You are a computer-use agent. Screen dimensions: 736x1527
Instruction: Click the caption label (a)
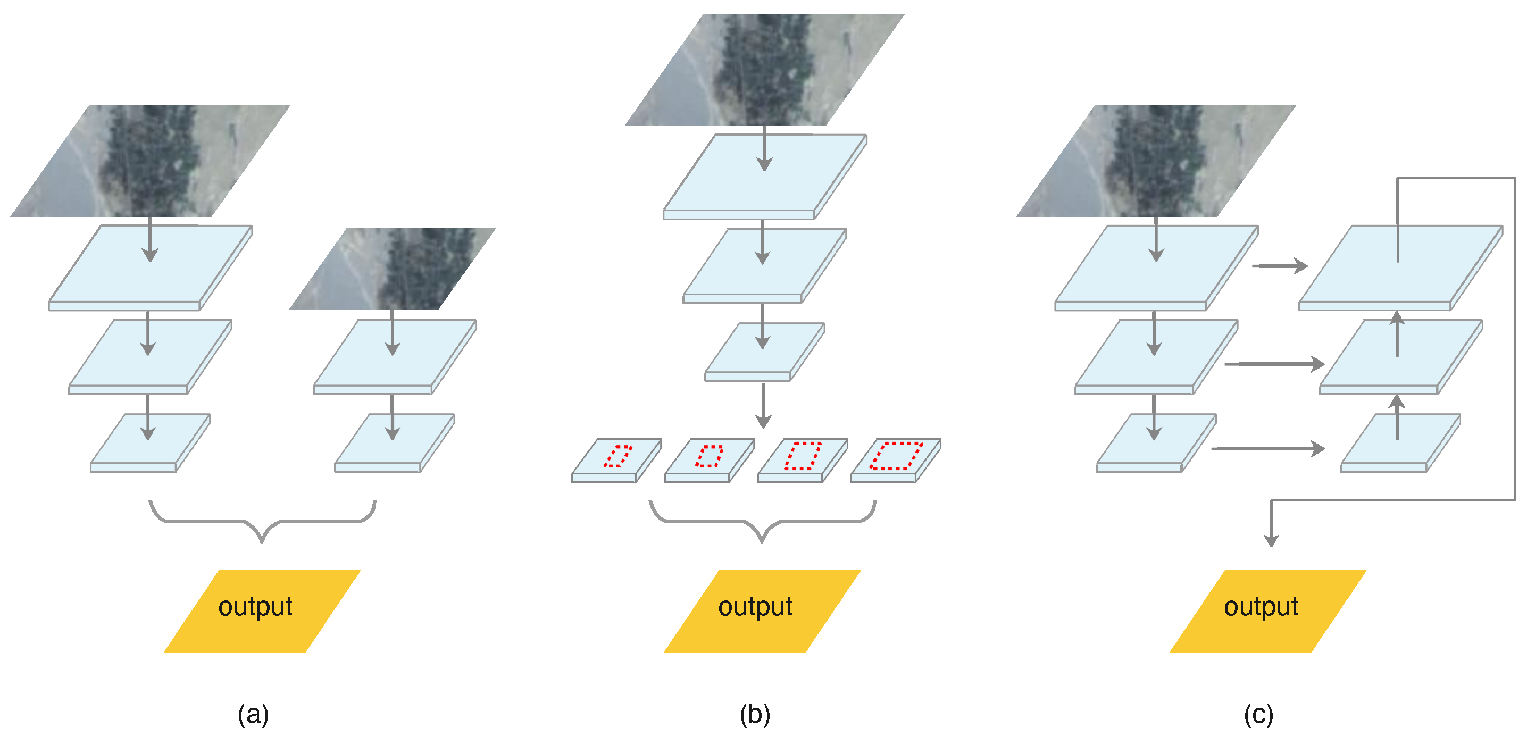click(x=253, y=714)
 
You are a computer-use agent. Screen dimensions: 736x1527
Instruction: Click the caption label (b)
click(x=755, y=714)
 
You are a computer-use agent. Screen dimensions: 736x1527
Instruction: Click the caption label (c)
click(x=1258, y=714)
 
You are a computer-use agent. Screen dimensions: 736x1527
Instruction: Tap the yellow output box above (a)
click(x=262, y=610)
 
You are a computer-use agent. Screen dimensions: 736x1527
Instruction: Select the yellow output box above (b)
click(x=762, y=610)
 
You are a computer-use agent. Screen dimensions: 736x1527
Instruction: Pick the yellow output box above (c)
click(x=1267, y=610)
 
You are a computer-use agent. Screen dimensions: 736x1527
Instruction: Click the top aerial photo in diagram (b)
click(x=764, y=70)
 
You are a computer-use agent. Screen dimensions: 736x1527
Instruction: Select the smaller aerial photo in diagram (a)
click(x=393, y=269)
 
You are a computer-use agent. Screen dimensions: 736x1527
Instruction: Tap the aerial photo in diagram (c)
click(x=1156, y=161)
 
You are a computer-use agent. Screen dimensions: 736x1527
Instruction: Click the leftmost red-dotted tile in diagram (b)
click(x=616, y=459)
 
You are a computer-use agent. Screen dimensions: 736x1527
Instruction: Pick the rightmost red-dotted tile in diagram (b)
click(x=896, y=459)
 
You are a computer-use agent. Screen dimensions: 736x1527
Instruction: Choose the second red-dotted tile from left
click(x=710, y=459)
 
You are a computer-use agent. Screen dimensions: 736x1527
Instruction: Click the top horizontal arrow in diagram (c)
click(x=1280, y=266)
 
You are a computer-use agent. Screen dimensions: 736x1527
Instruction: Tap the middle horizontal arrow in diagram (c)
click(x=1274, y=364)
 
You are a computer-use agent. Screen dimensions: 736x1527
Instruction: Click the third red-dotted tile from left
click(x=803, y=459)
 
